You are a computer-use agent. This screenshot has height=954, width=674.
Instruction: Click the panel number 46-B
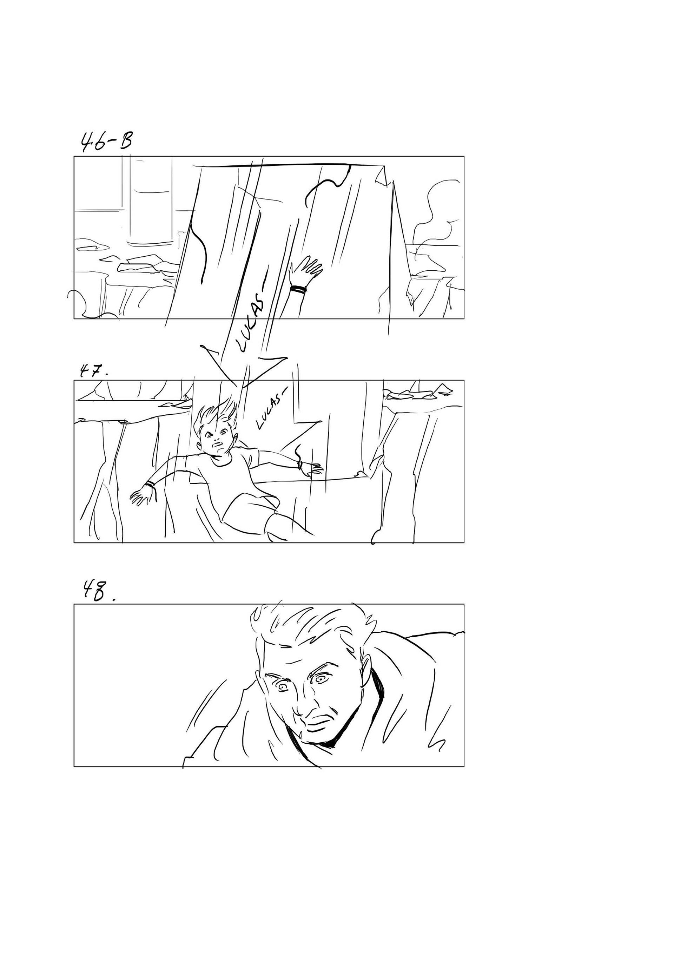106,141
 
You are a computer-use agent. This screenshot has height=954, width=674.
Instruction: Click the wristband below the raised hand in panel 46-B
298,288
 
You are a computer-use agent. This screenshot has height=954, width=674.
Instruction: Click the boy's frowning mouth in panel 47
218,449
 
